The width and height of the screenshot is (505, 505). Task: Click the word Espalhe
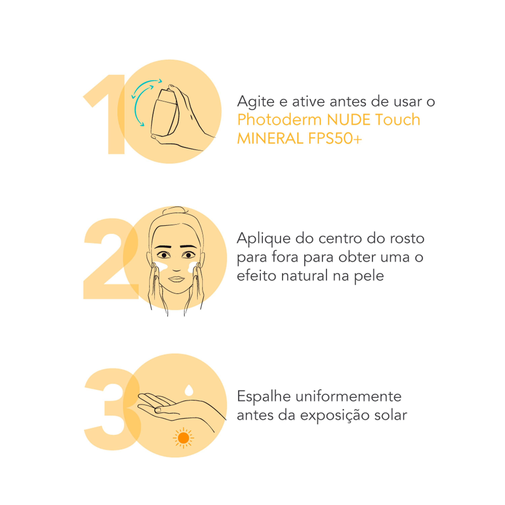click(264, 397)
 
